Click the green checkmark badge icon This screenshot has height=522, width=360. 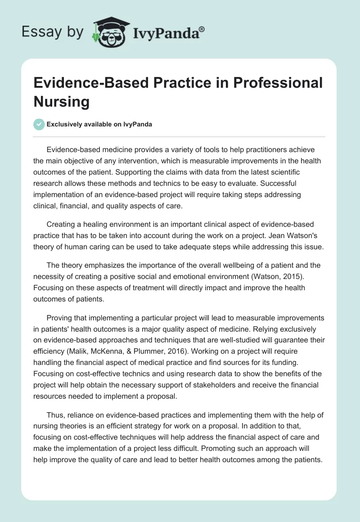39,124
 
